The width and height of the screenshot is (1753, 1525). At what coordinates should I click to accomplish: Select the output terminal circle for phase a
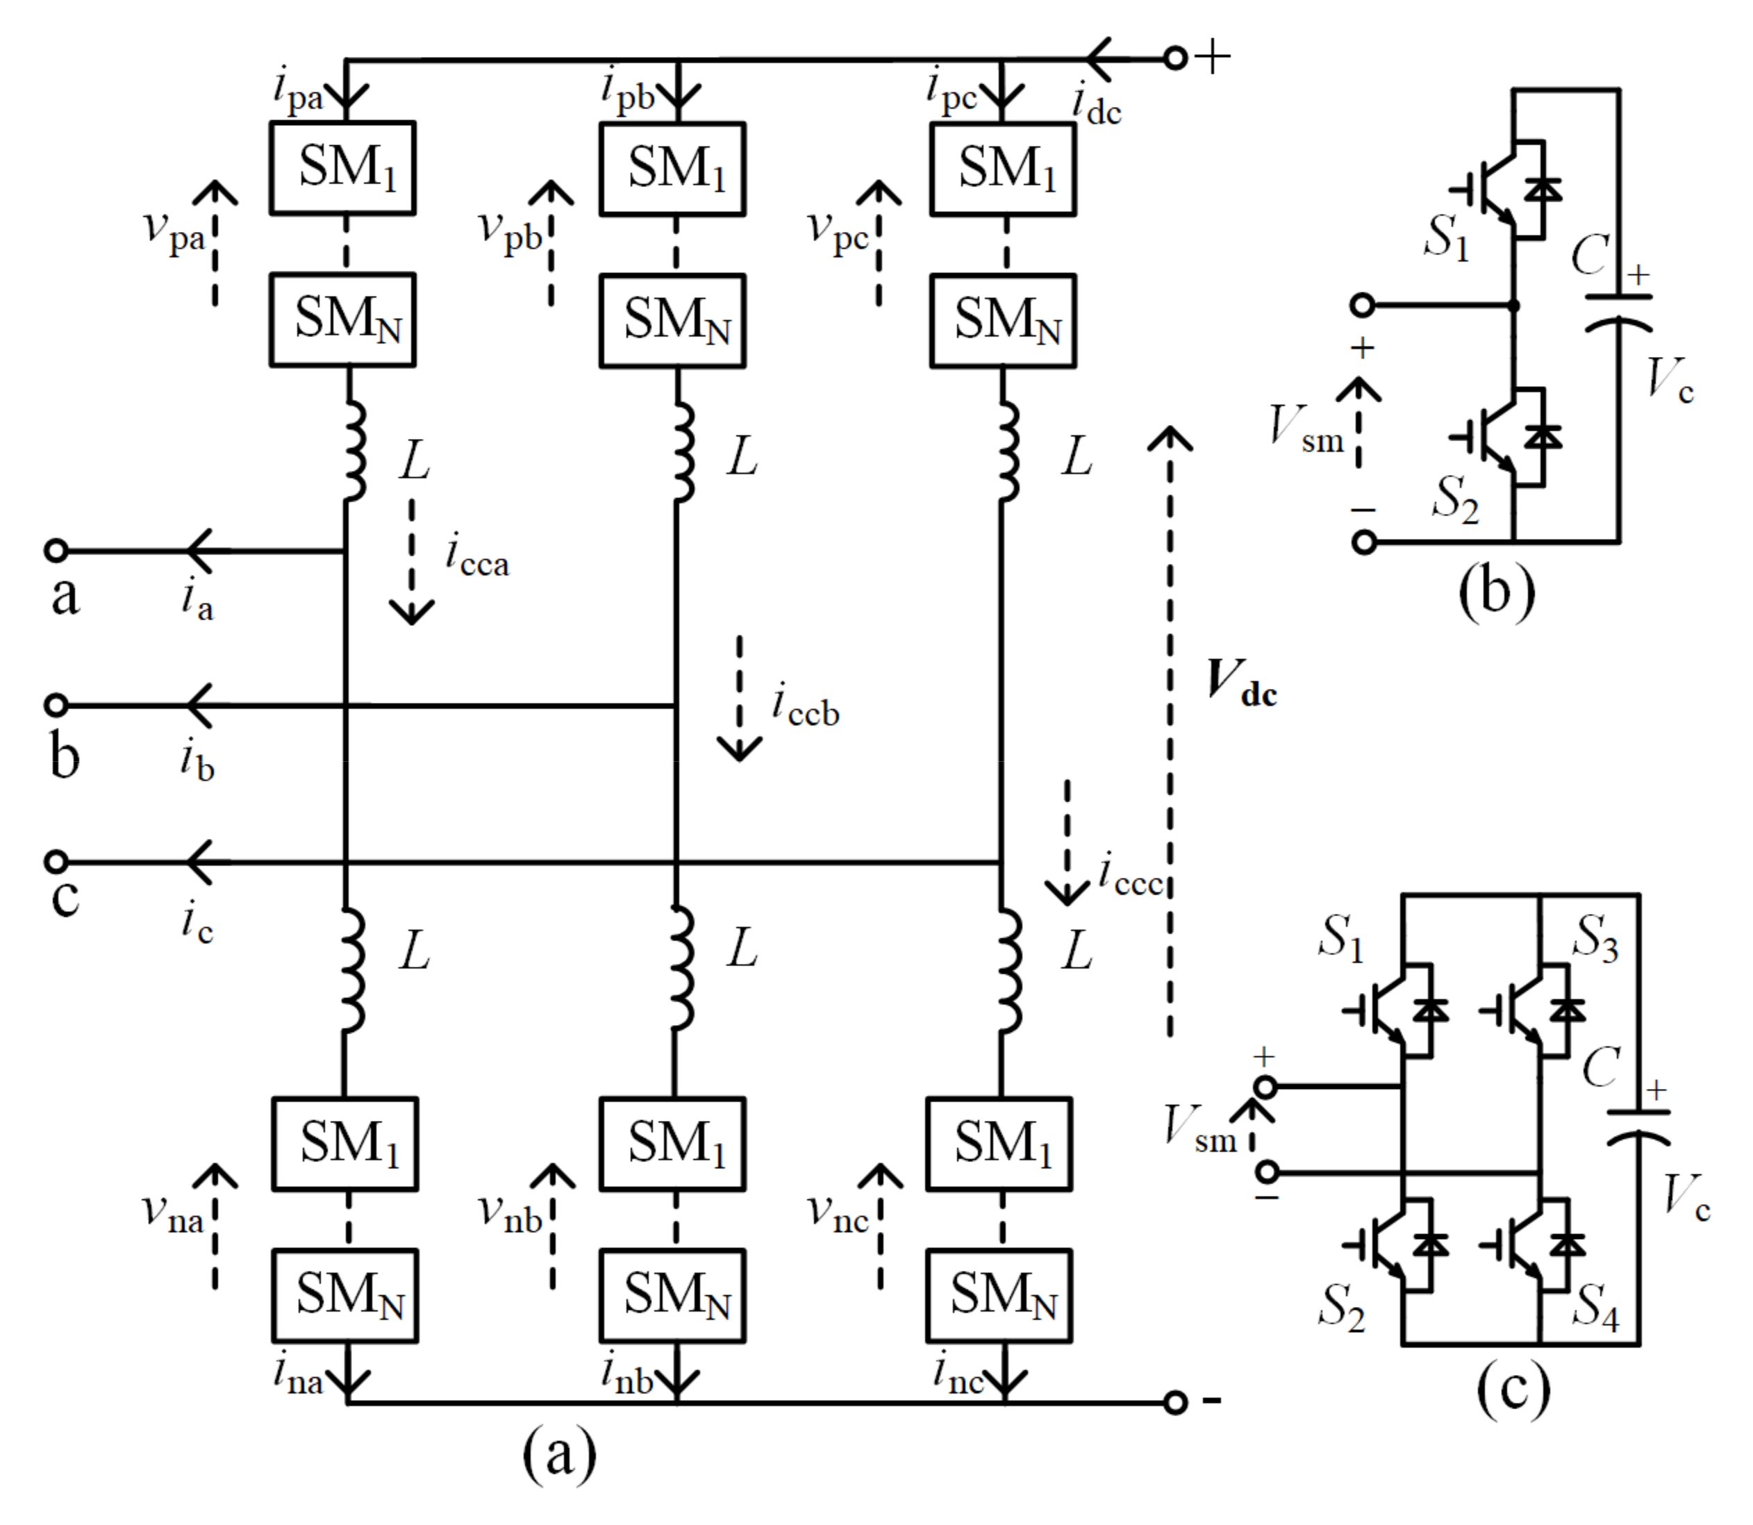pos(56,551)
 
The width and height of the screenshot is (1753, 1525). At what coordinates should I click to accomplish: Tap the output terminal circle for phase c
pos(56,862)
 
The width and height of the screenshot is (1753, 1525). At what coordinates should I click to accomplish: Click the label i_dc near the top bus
pos(1096,106)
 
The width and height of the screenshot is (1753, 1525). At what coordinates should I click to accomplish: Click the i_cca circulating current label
pos(477,558)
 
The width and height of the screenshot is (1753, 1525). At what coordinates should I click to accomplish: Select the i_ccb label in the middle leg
pos(805,707)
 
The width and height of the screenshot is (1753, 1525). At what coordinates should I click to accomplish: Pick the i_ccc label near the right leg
pos(1130,876)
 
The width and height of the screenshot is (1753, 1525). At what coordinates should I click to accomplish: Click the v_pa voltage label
pos(174,231)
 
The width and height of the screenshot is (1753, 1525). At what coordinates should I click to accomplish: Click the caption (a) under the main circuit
pos(559,1454)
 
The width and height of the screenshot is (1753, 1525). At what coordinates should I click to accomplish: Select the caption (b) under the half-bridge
pos(1496,592)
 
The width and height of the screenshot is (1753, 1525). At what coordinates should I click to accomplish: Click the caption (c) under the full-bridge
pos(1513,1390)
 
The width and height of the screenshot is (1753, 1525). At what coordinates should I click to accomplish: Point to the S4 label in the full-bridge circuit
pos(1595,1306)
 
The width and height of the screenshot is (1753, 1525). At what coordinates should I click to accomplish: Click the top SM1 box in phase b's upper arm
pos(672,169)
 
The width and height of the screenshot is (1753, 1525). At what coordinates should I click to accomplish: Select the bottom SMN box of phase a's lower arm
pos(344,1295)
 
